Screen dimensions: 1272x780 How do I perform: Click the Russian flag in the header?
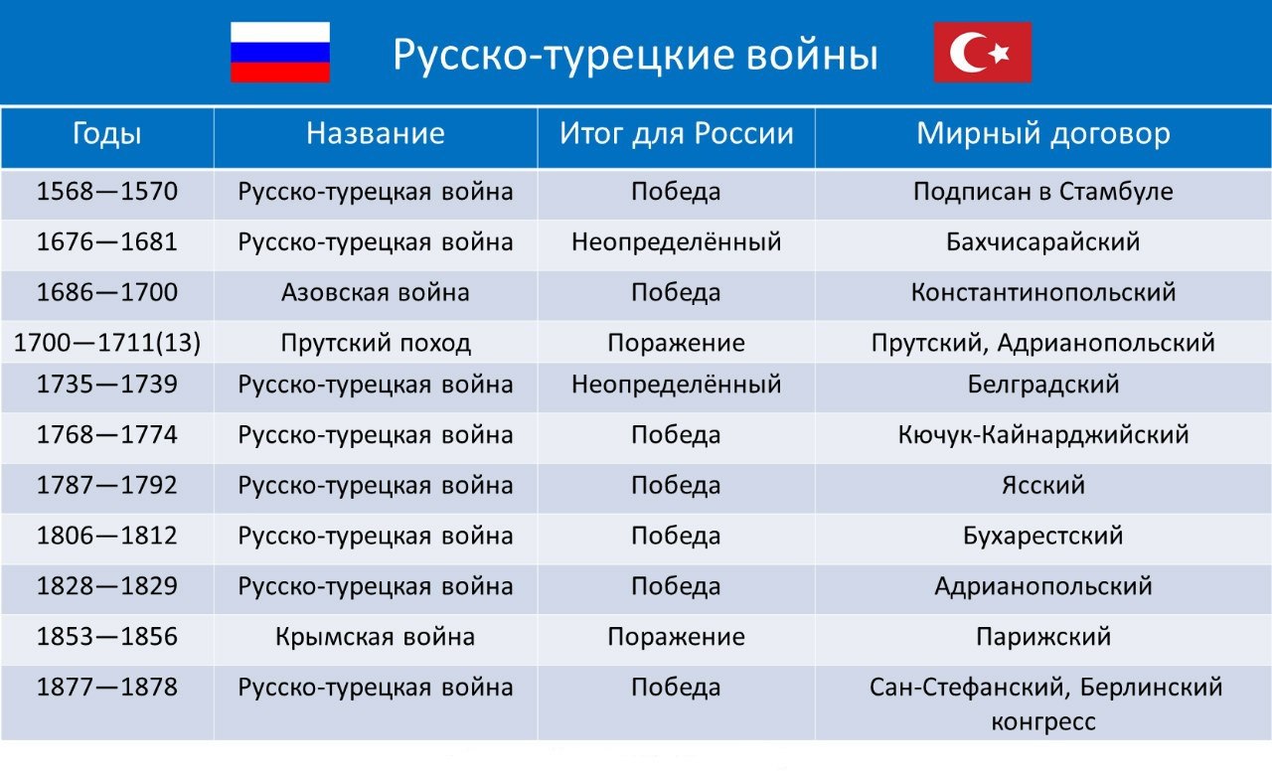coord(280,53)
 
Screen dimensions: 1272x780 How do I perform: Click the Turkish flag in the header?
coord(983,53)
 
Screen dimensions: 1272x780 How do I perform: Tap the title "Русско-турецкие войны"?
coord(635,55)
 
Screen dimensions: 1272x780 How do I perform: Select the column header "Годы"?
coord(106,135)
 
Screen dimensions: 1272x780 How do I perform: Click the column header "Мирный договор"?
coord(1043,134)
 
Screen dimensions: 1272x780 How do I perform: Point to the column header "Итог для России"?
coord(677,134)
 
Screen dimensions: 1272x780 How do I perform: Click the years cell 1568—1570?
coord(106,192)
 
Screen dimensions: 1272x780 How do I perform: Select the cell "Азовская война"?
coord(376,292)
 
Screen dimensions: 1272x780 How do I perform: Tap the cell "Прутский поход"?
coord(376,343)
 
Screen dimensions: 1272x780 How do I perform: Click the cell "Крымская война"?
coord(376,637)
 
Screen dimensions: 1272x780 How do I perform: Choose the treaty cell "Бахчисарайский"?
coord(1043,242)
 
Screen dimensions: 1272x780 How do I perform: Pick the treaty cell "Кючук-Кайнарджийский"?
coord(1043,435)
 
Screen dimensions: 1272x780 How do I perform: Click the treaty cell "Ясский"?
coord(1043,485)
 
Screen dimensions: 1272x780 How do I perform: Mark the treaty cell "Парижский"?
coord(1043,637)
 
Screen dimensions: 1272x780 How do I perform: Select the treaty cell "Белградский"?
coord(1043,385)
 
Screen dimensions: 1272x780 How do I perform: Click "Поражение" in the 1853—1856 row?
coord(677,637)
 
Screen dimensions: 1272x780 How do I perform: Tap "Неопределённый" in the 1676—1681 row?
coord(677,242)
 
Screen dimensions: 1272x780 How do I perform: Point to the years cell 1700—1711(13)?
coord(106,343)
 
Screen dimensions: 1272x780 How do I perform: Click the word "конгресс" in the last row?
coord(1043,722)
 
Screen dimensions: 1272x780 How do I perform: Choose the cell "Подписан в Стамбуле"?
coord(1043,192)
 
